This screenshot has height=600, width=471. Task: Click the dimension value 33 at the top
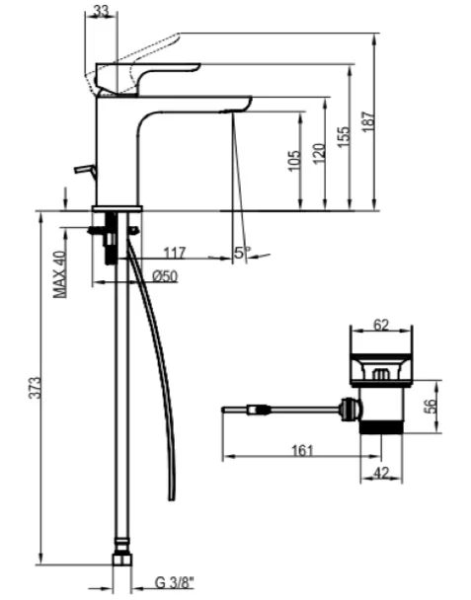pos(101,11)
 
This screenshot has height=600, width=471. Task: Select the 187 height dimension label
pos(368,121)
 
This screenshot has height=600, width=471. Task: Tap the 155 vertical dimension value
pos(344,136)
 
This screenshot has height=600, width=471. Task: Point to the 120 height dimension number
pos(319,153)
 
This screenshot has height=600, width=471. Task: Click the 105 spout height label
pos(294,161)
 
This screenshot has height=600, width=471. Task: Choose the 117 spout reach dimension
pos(175,253)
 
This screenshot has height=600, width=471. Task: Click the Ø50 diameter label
pos(165,276)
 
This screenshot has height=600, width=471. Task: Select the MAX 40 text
pos(59,274)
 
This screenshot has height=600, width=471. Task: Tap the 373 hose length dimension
pos(36,388)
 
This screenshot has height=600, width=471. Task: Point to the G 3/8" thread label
pos(175,583)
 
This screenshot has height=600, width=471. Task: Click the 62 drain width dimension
pos(381,326)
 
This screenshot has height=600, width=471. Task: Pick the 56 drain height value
pos(431,407)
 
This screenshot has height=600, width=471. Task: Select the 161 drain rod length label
pos(302,450)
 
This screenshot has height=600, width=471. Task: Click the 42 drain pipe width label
pos(381,473)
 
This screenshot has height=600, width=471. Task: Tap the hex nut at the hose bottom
pos(122,560)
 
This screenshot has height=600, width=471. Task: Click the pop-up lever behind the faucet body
pos(85,169)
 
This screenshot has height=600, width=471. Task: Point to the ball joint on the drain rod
pos(350,409)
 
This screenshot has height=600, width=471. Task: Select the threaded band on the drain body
pos(381,427)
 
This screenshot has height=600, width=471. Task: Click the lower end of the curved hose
pos(172,498)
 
